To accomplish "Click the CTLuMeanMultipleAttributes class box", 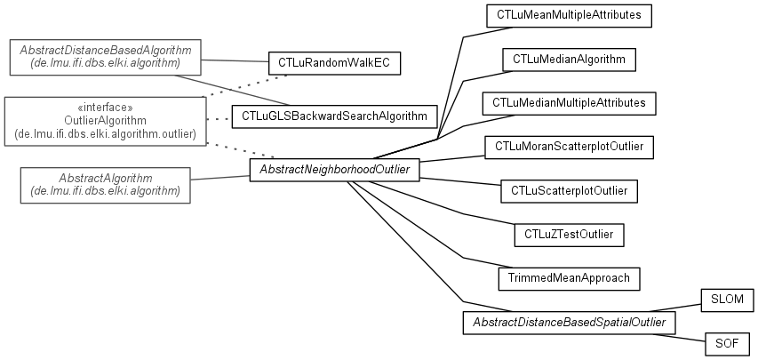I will coord(557,15).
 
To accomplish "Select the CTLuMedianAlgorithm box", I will coord(570,60).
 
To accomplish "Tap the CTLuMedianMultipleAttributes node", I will coord(569,103).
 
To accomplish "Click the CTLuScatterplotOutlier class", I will coord(569,190).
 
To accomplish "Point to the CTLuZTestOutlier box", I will coord(569,234).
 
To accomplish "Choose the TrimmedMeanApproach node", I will coord(569,278).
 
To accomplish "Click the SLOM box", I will coord(727,300).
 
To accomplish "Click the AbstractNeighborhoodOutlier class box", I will coord(333,169).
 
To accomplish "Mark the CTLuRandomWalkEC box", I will coord(334,63).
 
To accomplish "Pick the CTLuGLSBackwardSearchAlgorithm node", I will coord(334,116).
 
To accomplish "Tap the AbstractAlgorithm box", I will coord(105,185).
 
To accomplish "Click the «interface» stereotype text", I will coord(105,107).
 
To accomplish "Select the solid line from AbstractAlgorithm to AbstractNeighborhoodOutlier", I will coord(219,179).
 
